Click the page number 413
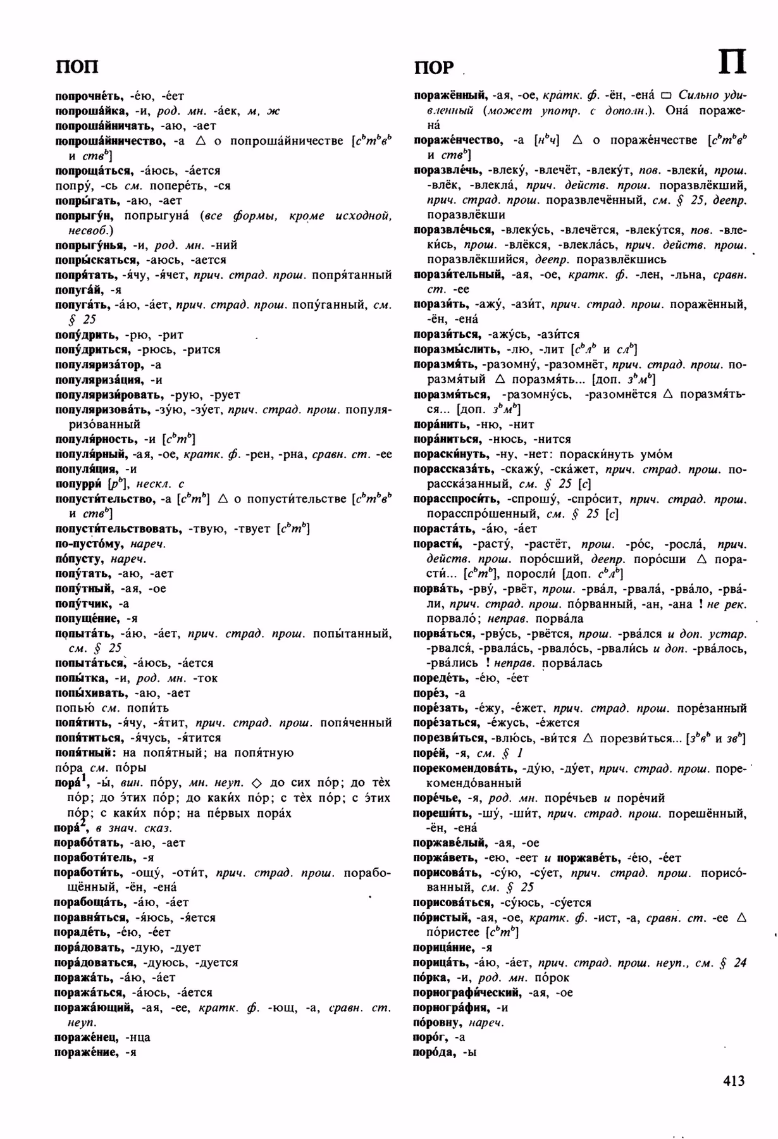point(734,1081)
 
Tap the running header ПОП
point(77,66)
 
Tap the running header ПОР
point(435,68)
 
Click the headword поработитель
point(96,857)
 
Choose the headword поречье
point(436,798)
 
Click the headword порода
point(434,1052)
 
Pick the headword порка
point(429,978)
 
